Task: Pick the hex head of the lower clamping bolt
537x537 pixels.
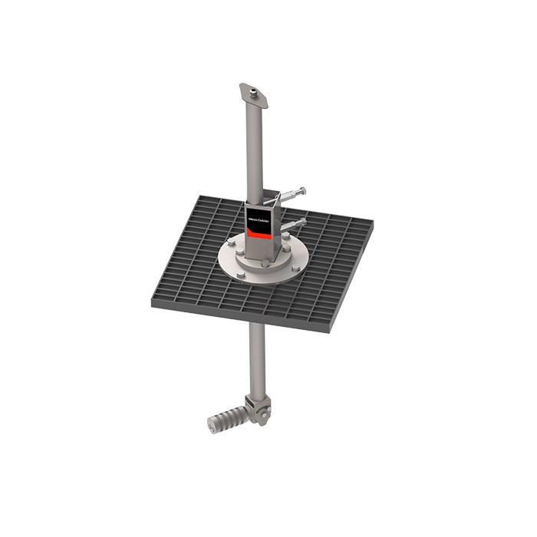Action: click(304, 222)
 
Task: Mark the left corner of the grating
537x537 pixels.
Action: click(153, 301)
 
